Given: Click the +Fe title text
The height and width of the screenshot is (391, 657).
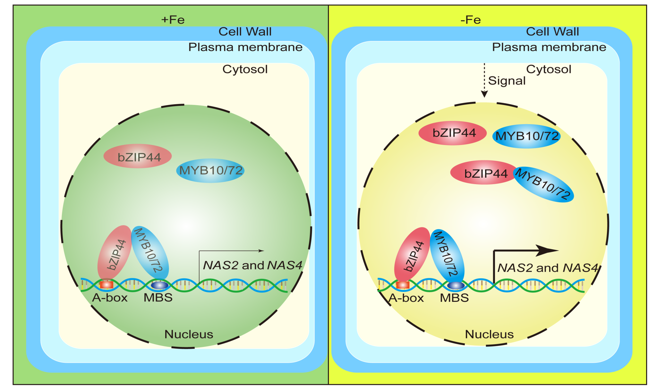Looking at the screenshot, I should coord(173,20).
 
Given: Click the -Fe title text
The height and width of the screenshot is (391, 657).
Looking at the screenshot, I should coord(471,20).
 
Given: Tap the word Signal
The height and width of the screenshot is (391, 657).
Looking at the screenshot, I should coord(507,81).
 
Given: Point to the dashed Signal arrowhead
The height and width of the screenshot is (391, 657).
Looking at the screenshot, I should coord(484,94).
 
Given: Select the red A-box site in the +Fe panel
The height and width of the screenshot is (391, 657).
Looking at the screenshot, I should coord(107,285).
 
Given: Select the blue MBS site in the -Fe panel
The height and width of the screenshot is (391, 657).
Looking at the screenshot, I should coord(456,285).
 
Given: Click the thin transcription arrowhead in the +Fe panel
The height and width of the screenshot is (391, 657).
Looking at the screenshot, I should coord(261,251).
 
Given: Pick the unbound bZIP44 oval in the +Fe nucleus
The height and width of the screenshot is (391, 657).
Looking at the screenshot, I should coord(138,157).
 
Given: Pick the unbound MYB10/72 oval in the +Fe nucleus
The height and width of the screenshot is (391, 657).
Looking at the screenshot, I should coord(210,171).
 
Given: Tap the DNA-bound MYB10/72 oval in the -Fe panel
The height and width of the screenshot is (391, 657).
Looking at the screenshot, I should coord(447,255).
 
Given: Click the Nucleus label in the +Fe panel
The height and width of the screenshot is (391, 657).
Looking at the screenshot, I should coord(189,334).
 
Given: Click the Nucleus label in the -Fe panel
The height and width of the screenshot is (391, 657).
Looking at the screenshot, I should coord(489,334).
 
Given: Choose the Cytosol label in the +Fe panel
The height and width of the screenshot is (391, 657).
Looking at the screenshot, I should coord(245,69).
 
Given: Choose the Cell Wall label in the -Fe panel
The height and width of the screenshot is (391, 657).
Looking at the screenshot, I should coord(552,31).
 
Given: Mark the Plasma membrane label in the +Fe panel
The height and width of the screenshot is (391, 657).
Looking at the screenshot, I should coord(245,47).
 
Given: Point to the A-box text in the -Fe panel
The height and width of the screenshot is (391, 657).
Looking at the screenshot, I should coord(406,298).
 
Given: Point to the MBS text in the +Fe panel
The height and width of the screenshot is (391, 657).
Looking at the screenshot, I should coord(158,298).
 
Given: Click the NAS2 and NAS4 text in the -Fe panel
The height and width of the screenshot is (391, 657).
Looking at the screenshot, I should coord(548,268).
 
